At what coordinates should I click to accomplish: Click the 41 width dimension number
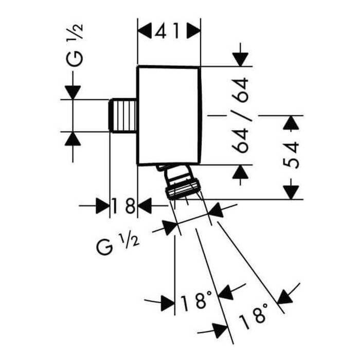167,31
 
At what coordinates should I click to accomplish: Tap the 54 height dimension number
291,155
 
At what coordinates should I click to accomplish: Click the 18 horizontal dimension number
123,206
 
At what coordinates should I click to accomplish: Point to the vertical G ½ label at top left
75,45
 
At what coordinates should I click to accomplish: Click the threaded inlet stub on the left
123,116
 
